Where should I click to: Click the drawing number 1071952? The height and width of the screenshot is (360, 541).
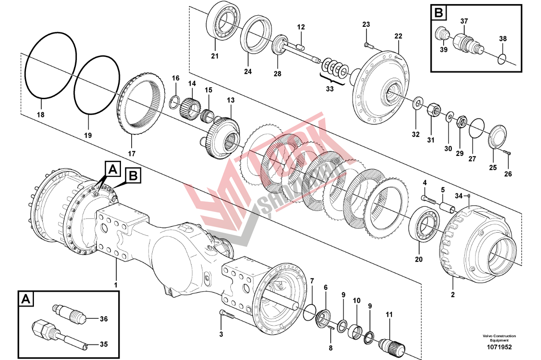(x=499, y=347)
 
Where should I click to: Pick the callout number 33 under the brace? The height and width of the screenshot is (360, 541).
(x=329, y=89)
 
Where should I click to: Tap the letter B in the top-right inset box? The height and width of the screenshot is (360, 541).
(x=439, y=13)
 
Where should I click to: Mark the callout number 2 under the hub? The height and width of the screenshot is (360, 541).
(x=453, y=295)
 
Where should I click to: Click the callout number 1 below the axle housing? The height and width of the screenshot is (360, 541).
(x=116, y=285)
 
